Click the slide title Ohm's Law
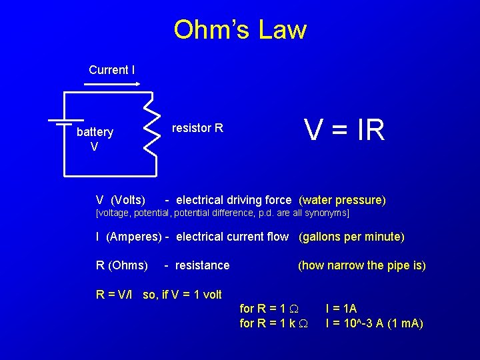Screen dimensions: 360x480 click(x=240, y=30)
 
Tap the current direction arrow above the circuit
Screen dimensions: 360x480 click(x=111, y=85)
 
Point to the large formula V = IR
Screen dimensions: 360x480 click(x=344, y=129)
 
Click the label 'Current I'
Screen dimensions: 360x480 click(x=111, y=70)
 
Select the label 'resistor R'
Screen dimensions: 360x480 click(x=197, y=128)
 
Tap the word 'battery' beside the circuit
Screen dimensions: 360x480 click(x=95, y=132)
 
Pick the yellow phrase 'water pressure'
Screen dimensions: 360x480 click(x=342, y=200)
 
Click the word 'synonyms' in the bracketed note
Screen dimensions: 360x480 click(x=327, y=213)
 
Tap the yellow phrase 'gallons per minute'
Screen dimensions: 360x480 click(x=351, y=237)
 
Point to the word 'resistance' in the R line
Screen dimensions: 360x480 click(x=202, y=265)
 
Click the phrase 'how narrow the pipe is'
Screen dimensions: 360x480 click(x=362, y=265)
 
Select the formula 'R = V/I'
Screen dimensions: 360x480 click(x=116, y=295)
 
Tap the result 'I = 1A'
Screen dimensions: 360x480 click(x=341, y=309)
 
